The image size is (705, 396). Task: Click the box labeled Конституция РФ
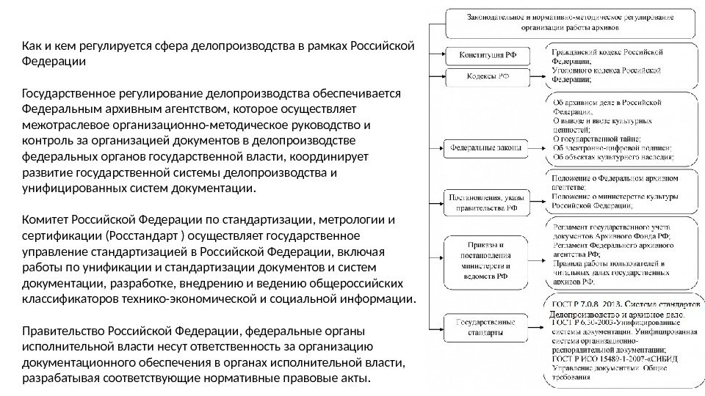click(x=481, y=55)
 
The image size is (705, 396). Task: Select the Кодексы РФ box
click(x=481, y=76)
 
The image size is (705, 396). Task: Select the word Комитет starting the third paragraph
click(x=47, y=220)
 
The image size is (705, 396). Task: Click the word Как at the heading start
click(x=32, y=48)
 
